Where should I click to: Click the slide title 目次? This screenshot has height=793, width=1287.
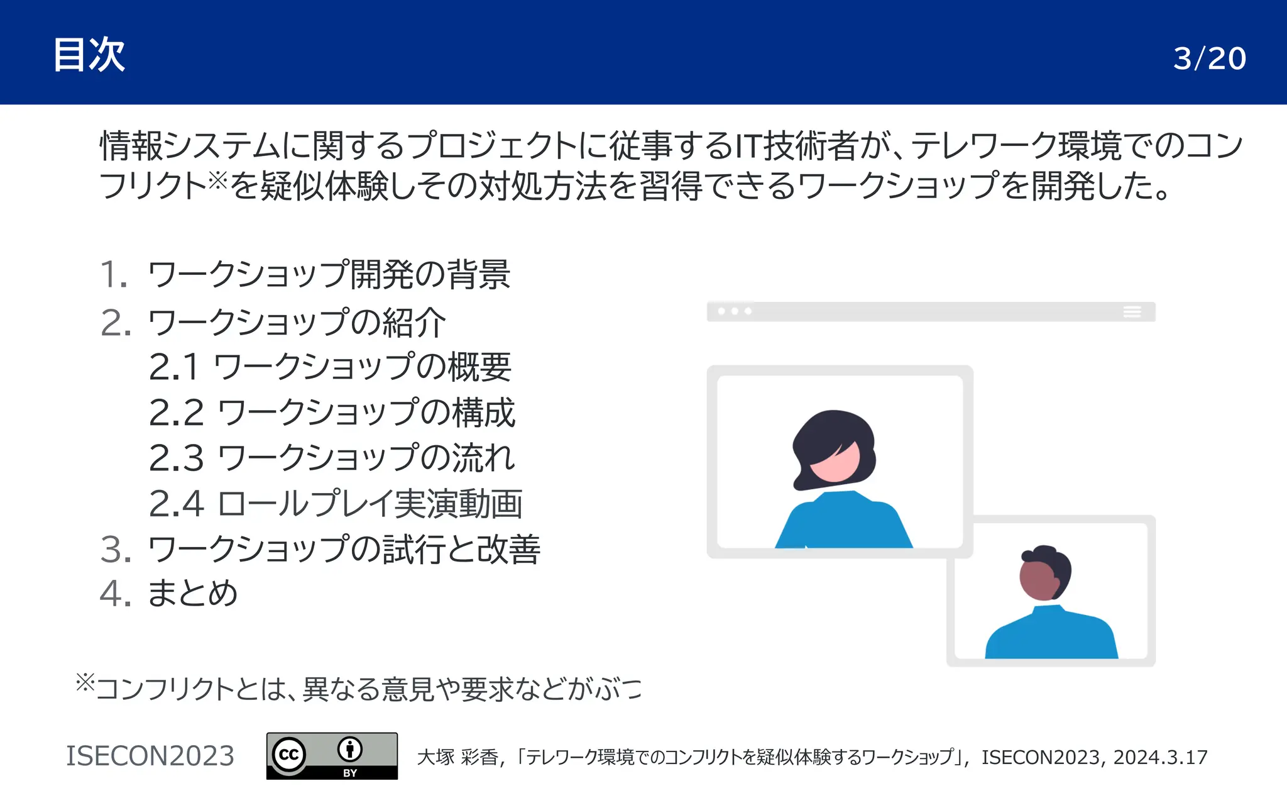click(89, 55)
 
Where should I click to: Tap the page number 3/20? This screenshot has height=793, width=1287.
click(1209, 58)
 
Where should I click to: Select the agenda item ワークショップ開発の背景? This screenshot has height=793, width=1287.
click(328, 275)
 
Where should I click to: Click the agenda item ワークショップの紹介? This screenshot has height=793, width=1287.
click(297, 323)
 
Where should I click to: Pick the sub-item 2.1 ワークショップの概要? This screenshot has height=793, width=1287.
click(330, 367)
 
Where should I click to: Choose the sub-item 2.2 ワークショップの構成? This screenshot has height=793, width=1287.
click(332, 413)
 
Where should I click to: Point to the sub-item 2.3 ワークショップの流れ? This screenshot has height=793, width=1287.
click(332, 458)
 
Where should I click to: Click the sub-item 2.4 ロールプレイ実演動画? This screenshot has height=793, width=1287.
click(336, 504)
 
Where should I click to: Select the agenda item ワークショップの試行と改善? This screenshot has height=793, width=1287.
click(343, 549)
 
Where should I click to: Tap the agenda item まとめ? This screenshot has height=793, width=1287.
click(192, 594)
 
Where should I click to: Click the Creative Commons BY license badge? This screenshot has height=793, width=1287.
click(332, 755)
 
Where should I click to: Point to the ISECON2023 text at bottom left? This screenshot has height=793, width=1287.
click(150, 756)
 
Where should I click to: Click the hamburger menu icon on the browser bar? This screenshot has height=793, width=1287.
click(1132, 312)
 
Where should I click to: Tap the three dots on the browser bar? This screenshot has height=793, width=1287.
click(734, 311)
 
